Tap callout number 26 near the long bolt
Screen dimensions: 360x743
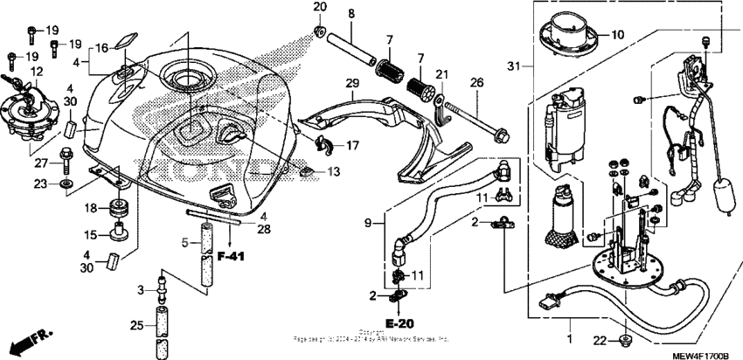tap(476, 83)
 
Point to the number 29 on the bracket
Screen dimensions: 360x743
tap(352, 83)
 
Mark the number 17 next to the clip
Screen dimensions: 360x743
tap(353, 145)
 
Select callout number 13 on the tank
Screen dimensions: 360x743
tap(334, 173)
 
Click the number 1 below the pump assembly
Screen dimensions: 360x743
tap(571, 338)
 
